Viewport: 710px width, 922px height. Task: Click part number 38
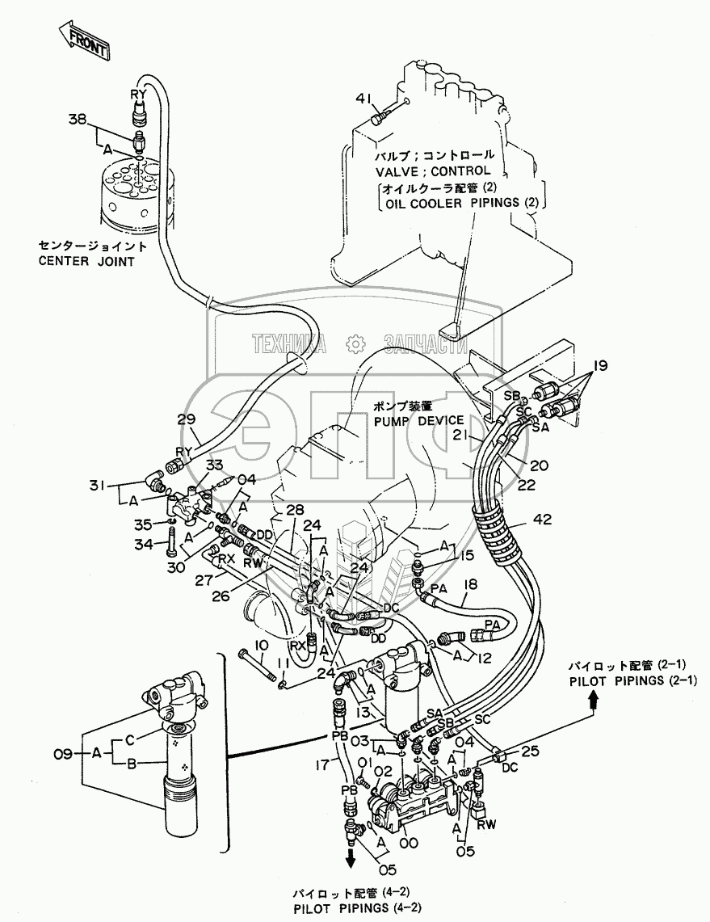[x=77, y=120]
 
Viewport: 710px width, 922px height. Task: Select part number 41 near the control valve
[x=362, y=100]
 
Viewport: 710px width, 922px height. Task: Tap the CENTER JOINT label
[x=86, y=261]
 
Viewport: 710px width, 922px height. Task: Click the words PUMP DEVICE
[x=419, y=421]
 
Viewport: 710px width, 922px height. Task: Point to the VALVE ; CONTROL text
[x=433, y=171]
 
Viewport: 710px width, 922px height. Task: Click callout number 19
[x=599, y=366]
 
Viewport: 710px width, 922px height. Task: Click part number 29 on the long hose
[x=187, y=419]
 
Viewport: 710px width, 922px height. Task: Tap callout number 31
[x=99, y=485]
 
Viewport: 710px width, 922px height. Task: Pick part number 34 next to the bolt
[x=144, y=544]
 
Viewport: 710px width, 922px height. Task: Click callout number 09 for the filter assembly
[x=63, y=753]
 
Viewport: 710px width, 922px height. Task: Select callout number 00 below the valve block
[x=409, y=843]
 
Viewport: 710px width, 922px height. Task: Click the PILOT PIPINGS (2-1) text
[x=632, y=680]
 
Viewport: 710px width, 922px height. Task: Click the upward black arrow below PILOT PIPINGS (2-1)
[x=594, y=701]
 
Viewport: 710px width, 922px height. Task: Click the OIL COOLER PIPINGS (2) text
[x=461, y=203]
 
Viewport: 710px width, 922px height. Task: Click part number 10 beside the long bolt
[x=263, y=646]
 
